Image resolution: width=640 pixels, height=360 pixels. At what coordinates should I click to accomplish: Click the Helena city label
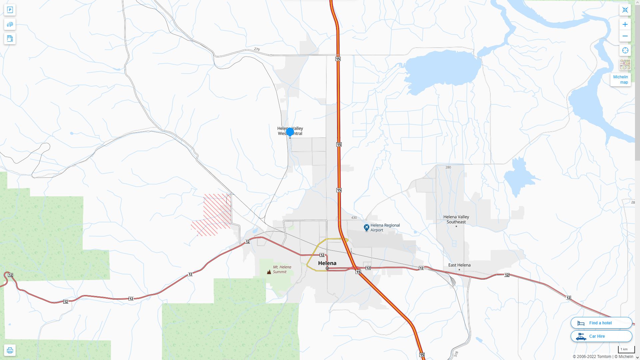point(327,263)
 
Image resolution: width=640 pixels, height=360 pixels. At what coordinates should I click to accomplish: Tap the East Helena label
point(459,265)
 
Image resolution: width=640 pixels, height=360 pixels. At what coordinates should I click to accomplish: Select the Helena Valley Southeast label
point(456,219)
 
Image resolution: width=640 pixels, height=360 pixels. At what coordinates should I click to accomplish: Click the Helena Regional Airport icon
point(366,228)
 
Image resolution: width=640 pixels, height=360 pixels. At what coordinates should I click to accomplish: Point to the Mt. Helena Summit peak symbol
point(269,272)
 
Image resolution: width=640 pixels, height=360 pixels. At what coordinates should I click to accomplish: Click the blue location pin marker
point(290,132)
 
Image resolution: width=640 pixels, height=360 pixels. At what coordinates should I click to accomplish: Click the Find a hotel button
point(601,323)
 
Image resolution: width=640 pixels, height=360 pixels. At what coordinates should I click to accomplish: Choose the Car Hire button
point(601,336)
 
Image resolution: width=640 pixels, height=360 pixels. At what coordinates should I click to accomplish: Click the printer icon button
point(10,350)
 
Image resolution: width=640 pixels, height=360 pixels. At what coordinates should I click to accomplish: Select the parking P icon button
point(10,10)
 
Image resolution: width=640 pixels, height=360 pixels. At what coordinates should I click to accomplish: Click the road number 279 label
point(257,49)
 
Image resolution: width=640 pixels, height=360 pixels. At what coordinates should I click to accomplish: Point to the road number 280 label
point(448,167)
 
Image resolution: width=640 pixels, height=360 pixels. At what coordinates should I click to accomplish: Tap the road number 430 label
point(354,218)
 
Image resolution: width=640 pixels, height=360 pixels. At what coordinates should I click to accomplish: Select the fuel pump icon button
point(10,38)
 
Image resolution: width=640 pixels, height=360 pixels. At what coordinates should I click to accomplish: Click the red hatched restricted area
point(213,213)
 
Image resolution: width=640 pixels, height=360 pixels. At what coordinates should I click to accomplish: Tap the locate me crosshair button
point(625,50)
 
